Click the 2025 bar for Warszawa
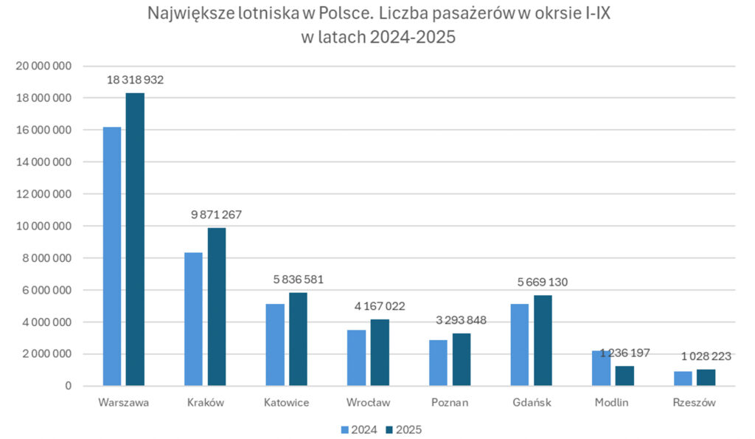[135, 239]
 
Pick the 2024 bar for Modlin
[601, 367]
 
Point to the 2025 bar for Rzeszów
[706, 377]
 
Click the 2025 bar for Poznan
[462, 359]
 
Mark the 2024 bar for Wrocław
[356, 357]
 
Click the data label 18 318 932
[134, 80]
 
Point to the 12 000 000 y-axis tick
[44, 194]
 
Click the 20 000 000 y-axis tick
[44, 66]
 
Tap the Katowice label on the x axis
[287, 403]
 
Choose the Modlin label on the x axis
[612, 403]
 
